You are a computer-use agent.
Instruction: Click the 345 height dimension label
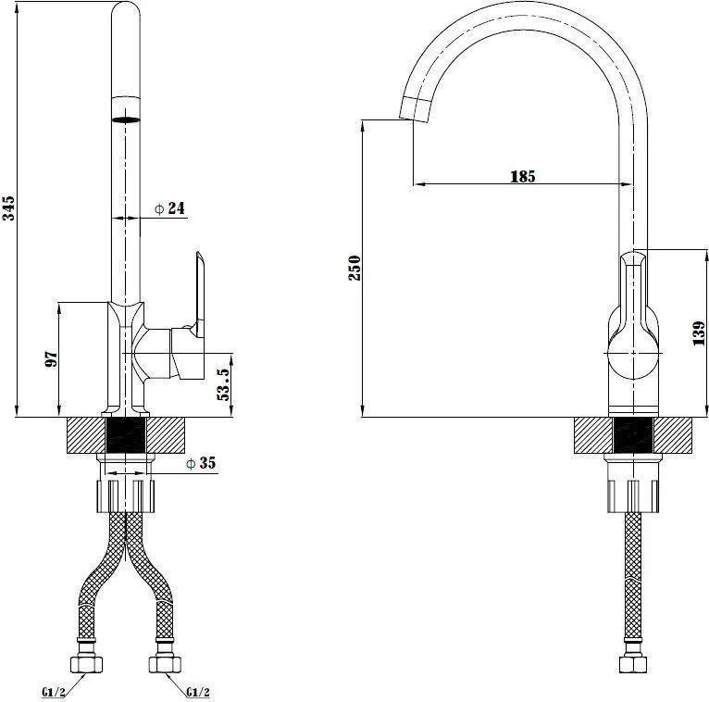[8, 208]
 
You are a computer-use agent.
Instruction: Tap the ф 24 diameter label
[169, 208]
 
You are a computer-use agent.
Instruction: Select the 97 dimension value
[52, 358]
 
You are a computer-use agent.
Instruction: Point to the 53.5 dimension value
[224, 384]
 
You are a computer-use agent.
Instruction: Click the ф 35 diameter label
[201, 463]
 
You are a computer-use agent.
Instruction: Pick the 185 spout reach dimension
[523, 176]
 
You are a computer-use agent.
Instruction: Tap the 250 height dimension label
[354, 268]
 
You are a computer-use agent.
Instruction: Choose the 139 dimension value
[699, 333]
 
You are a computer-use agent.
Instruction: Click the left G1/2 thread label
[54, 692]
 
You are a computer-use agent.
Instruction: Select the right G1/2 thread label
[198, 692]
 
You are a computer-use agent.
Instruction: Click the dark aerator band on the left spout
[126, 119]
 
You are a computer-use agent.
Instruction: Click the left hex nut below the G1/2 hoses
[86, 664]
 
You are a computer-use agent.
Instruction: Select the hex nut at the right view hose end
[633, 664]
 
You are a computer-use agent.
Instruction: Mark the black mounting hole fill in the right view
[633, 435]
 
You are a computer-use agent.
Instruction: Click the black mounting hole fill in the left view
[126, 435]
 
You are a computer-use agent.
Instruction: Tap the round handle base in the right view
[633, 353]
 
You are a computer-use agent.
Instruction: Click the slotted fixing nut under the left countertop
[126, 496]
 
